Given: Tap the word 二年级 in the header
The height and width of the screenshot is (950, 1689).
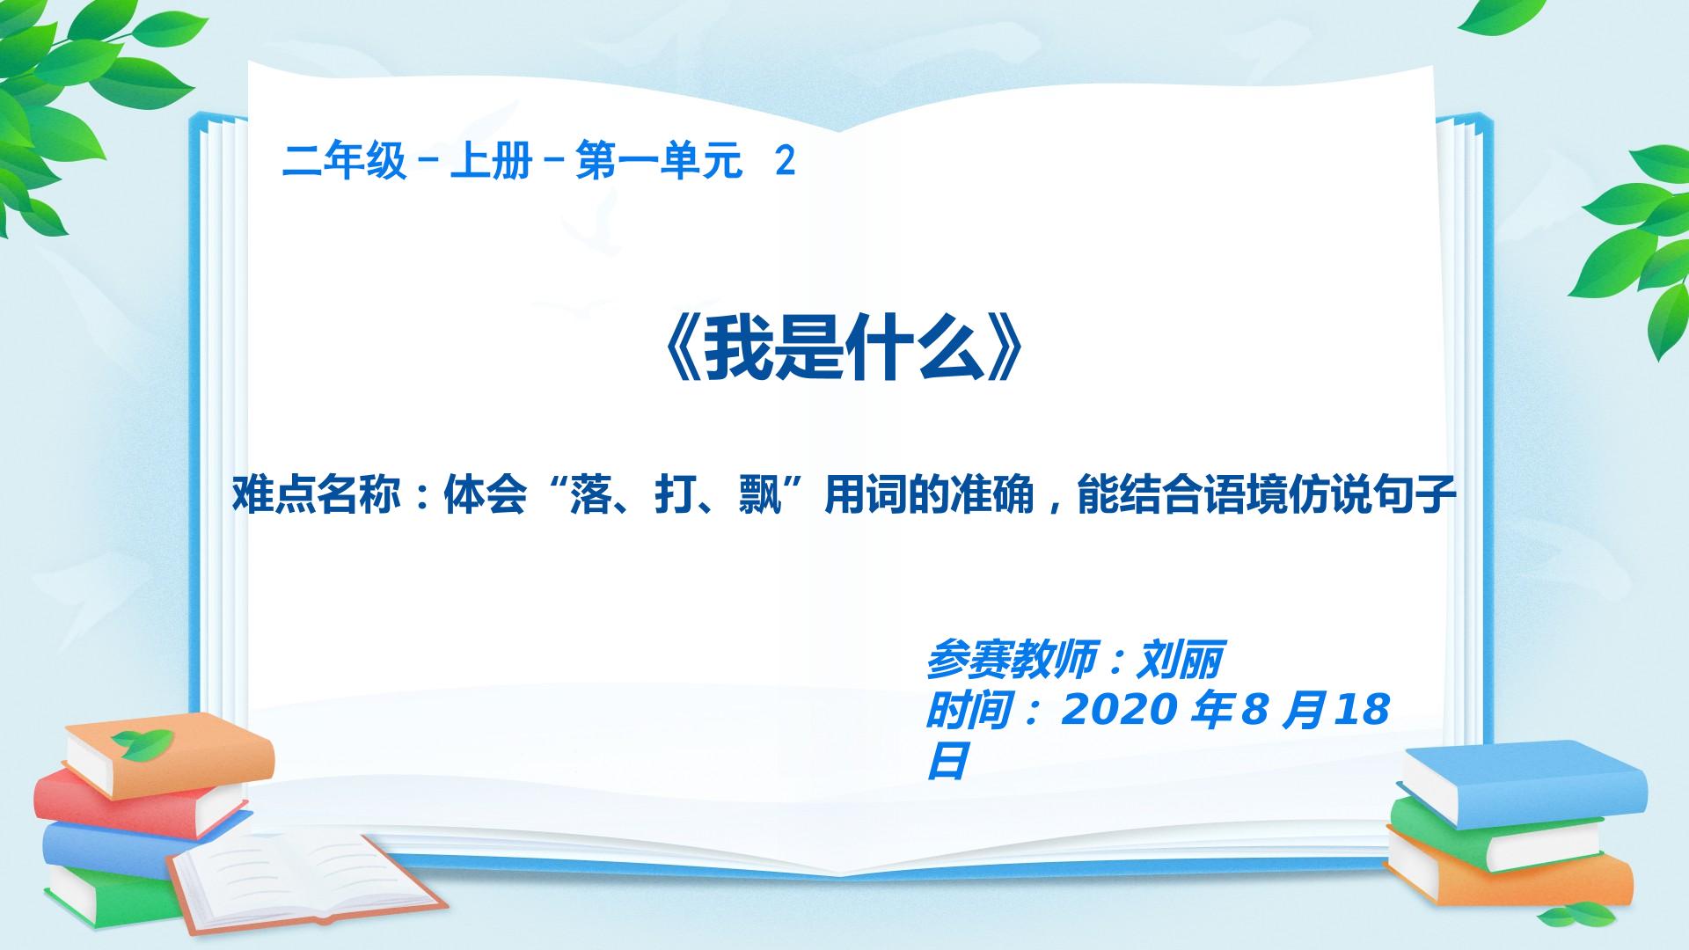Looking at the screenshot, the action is coord(344,162).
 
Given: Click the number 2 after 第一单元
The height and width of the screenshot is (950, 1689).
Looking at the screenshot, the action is coord(785,162).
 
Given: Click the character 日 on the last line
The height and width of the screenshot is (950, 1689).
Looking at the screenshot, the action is coord(947,761).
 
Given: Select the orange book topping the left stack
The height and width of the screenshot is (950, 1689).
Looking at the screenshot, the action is coord(170,756).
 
